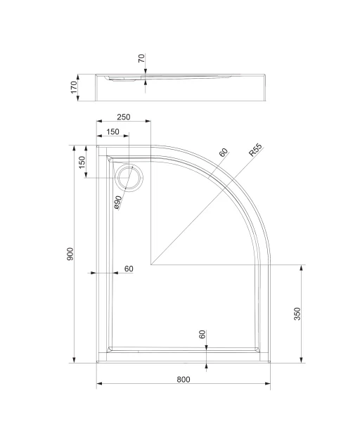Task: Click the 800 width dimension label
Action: point(184,380)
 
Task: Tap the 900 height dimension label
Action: point(70,254)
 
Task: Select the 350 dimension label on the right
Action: point(297,314)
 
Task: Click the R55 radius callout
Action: point(255,150)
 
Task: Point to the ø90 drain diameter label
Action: point(117,203)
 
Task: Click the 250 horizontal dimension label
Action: point(124,117)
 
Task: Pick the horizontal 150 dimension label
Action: point(112,132)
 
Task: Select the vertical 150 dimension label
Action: point(82,162)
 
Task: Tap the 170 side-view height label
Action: point(74,87)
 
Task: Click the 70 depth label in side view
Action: point(141,58)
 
